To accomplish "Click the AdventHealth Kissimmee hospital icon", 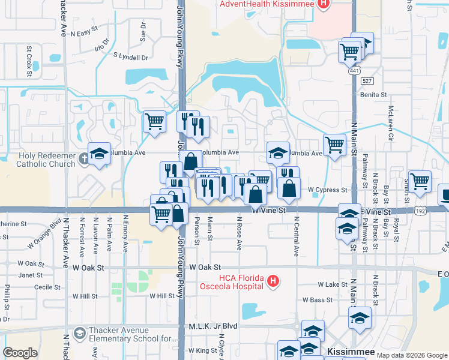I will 324,4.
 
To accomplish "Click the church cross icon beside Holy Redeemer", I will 83,159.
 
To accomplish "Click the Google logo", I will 20,353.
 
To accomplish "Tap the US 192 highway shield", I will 421,211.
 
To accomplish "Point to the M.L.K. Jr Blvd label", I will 213,326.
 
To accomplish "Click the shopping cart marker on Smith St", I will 420,181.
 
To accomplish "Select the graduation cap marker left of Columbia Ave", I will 100,154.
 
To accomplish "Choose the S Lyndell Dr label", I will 130,57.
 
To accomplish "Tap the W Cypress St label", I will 328,190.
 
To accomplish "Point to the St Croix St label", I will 29,61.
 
